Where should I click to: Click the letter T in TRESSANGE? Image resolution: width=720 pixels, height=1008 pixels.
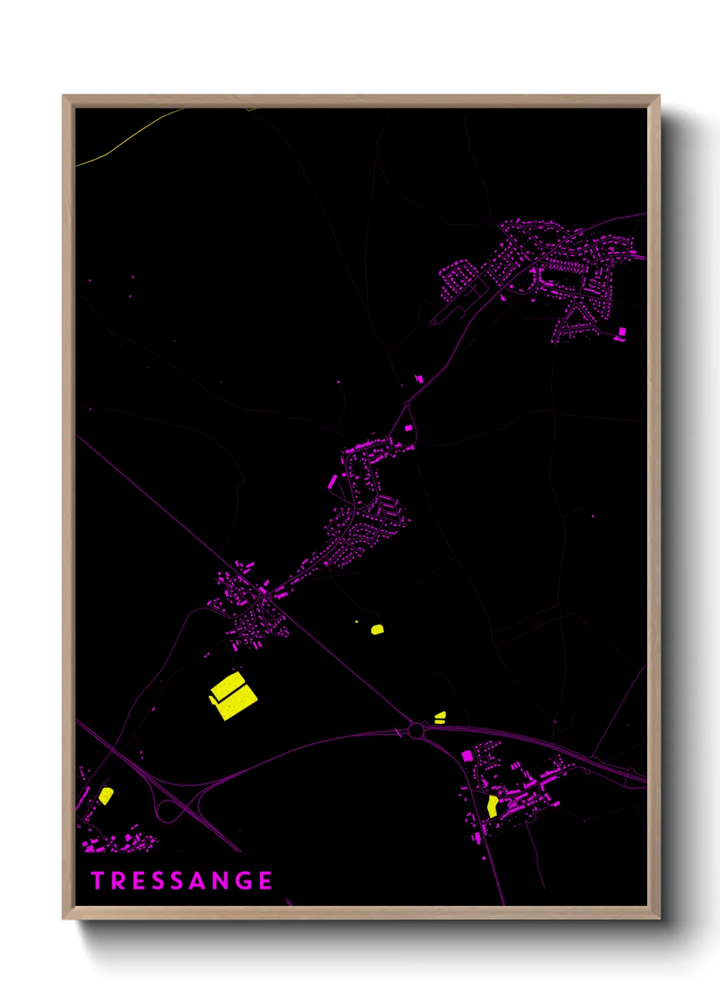(x=97, y=881)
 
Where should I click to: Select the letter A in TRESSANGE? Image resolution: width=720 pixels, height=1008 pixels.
(x=198, y=881)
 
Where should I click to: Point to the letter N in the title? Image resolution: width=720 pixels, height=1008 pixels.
(x=220, y=881)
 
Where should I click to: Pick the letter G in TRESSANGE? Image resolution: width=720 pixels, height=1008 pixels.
(x=244, y=881)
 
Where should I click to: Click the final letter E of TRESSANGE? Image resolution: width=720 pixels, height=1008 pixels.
(x=265, y=881)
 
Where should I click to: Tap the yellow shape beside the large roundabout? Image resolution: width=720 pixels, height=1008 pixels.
(x=440, y=716)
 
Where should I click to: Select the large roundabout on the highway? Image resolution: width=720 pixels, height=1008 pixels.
(x=416, y=731)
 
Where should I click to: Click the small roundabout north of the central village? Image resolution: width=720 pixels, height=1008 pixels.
(x=408, y=405)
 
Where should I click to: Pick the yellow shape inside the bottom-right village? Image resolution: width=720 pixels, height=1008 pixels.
(x=493, y=806)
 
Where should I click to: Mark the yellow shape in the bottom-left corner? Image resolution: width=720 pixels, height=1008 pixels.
(x=106, y=796)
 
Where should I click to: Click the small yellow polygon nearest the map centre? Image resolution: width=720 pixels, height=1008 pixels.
(x=377, y=629)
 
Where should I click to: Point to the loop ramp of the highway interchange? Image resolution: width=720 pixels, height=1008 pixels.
(x=167, y=810)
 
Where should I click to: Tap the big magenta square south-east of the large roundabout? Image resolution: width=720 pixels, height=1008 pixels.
(x=468, y=755)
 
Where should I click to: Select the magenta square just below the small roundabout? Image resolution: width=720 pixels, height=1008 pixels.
(x=408, y=428)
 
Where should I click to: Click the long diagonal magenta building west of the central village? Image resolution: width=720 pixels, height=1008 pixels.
(x=332, y=482)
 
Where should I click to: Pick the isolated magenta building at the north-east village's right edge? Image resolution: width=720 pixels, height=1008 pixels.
(x=621, y=332)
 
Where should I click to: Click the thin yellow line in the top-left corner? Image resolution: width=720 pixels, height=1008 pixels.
(x=129, y=140)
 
